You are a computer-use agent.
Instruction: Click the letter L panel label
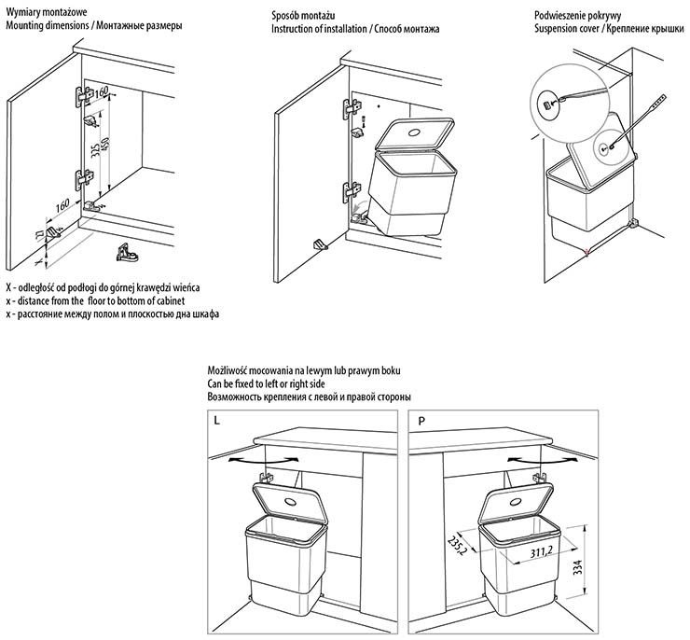tap(217, 421)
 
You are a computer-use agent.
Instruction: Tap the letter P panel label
tap(421, 421)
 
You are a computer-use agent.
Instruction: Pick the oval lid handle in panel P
tap(515, 500)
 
